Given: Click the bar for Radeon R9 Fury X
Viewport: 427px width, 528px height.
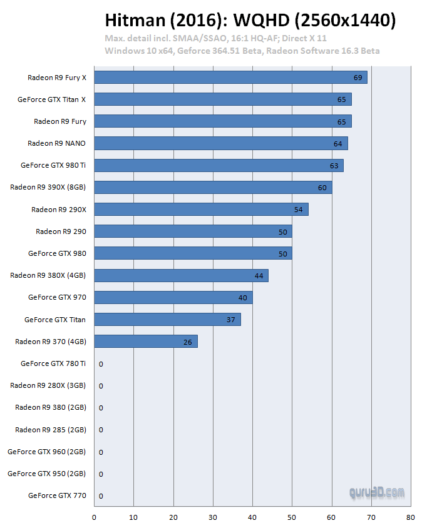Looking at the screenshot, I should [x=230, y=78].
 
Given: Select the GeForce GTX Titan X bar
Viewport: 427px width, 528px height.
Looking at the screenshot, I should [x=223, y=99].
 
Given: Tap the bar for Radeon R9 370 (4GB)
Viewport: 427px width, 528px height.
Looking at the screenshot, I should [x=146, y=342].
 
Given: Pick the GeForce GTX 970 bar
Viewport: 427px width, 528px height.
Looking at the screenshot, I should [x=173, y=298].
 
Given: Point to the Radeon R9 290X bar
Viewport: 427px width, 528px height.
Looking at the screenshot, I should [x=201, y=210].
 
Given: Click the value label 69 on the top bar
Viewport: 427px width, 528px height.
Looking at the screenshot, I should [x=358, y=78].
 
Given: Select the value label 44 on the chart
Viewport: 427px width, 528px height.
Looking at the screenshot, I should [x=259, y=276].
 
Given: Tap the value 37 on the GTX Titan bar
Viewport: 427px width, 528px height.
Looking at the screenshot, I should [x=232, y=320].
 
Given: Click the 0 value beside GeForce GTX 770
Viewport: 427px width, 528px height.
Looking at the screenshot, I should [x=101, y=496].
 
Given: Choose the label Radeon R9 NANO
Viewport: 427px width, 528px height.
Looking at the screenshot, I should [x=57, y=143].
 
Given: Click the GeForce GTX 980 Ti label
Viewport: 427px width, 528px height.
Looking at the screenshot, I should [x=53, y=166].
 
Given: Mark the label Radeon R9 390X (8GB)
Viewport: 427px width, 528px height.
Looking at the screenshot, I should [x=48, y=188].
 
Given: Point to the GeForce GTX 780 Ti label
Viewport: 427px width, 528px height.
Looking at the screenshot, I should [x=53, y=363].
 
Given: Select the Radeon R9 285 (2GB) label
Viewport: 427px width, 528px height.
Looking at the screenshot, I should [x=51, y=430].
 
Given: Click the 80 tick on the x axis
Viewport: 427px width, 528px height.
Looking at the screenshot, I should [x=410, y=517].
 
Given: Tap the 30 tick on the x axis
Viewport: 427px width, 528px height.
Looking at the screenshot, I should [x=212, y=517].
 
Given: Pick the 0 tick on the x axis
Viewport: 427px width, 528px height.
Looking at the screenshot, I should [x=94, y=517].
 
